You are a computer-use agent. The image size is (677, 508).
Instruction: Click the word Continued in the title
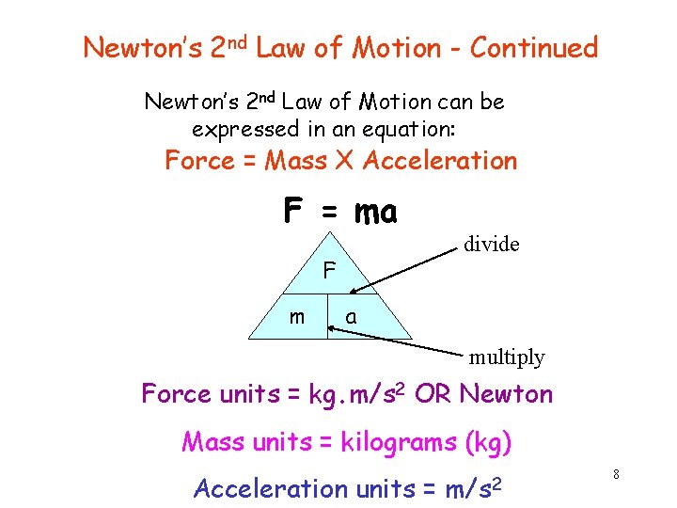point(533,47)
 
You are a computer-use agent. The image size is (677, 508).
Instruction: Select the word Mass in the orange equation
point(295,161)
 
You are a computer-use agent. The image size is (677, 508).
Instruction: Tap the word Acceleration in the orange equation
point(440,161)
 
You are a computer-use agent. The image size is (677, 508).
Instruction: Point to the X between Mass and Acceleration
point(344,161)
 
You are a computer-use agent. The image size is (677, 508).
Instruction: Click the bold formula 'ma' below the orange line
point(376,213)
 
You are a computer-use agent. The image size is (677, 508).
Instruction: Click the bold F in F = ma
point(293,211)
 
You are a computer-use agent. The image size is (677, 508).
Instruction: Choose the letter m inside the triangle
point(296,317)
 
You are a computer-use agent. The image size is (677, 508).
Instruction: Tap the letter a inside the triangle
point(351,318)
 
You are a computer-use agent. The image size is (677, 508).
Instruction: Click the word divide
point(491,245)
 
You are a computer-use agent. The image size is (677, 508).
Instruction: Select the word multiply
point(507,357)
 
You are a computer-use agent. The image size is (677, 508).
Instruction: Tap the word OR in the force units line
point(433,394)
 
